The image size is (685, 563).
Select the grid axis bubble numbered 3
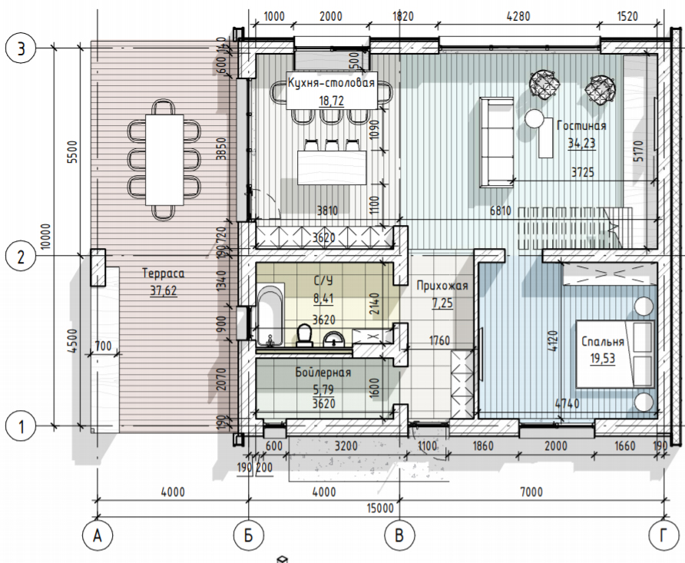(x=21, y=48)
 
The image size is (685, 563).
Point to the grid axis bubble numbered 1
(x=21, y=426)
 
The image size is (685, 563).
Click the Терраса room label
(x=164, y=274)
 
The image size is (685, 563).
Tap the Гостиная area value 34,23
(x=581, y=144)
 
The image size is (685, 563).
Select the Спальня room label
(x=603, y=341)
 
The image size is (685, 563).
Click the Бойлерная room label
(x=323, y=372)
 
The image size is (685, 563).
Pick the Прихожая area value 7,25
(x=442, y=303)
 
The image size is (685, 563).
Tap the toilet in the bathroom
(x=305, y=335)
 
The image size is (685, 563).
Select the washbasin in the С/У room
(x=335, y=339)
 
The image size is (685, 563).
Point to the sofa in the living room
(x=497, y=142)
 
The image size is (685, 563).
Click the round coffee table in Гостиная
(x=534, y=118)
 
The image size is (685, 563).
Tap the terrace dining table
(x=164, y=160)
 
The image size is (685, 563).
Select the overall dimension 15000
(x=380, y=508)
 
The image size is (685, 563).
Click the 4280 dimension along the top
(x=518, y=16)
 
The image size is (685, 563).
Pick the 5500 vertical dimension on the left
(x=73, y=151)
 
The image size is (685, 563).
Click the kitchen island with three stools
(x=332, y=167)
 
